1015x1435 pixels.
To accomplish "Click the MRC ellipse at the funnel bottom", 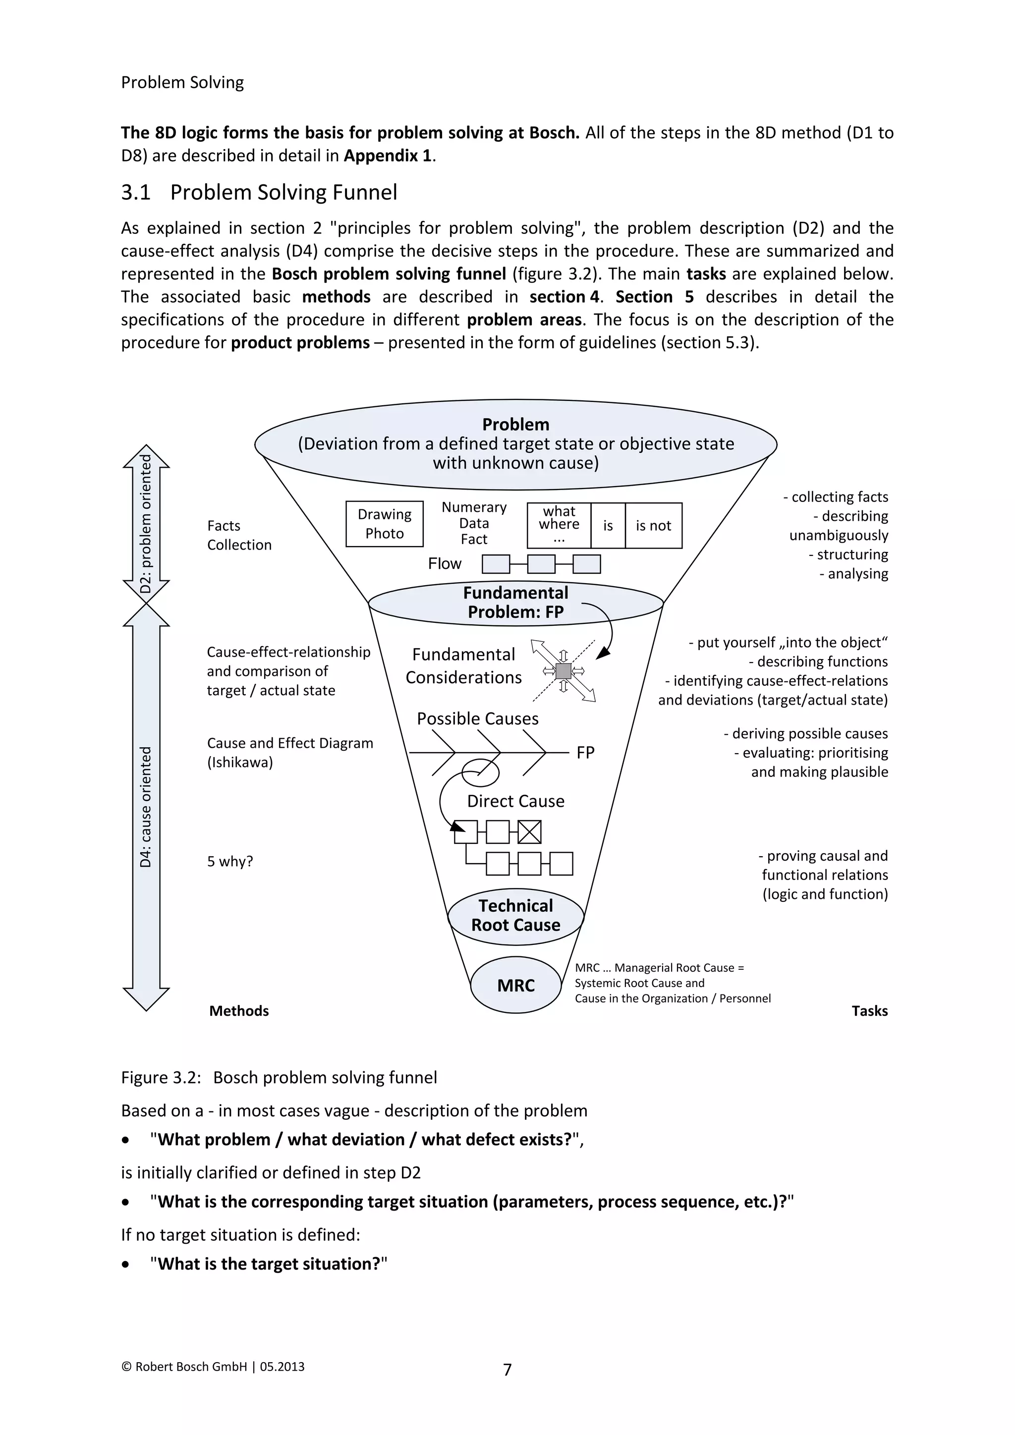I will [x=515, y=986].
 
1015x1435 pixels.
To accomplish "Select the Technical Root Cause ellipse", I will [x=515, y=916].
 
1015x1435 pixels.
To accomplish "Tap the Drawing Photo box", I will [x=385, y=524].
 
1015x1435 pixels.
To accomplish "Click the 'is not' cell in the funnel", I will [x=653, y=526].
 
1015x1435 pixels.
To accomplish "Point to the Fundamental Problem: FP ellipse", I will [x=515, y=603].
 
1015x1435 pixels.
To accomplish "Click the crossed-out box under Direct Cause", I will [x=530, y=832].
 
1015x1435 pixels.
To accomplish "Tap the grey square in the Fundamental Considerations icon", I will [x=563, y=671].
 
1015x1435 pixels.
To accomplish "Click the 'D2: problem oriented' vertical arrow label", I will [x=146, y=524].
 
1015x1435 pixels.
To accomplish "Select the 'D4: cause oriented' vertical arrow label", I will [x=146, y=807].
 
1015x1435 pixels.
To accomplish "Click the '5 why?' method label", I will [x=230, y=861].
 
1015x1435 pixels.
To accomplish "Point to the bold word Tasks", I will [x=869, y=1011].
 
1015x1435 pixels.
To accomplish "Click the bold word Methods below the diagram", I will [x=239, y=1011].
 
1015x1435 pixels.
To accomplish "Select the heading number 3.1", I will [x=136, y=192].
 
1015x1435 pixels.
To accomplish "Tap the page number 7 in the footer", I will [x=507, y=1370].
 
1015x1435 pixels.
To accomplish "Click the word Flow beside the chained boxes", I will [x=445, y=564].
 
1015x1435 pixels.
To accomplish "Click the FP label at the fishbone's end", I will [x=585, y=753].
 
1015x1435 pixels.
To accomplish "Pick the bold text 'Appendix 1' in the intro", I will [x=388, y=156].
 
